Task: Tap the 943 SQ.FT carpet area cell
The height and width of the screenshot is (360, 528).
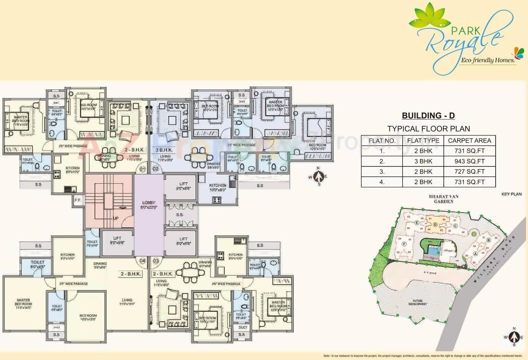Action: point(470,161)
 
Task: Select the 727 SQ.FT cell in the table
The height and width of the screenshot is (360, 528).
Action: point(470,171)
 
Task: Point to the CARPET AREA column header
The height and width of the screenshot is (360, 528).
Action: point(470,141)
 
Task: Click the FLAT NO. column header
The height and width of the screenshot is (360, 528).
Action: point(382,141)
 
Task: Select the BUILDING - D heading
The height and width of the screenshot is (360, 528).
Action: point(428,116)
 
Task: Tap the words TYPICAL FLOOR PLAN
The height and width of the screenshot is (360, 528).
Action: point(428,129)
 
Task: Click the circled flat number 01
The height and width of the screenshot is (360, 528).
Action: point(142,169)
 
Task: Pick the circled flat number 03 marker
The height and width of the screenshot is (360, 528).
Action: point(155,261)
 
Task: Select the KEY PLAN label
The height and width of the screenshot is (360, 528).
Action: point(512,194)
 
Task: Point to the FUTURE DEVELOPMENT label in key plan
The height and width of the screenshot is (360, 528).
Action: point(418,303)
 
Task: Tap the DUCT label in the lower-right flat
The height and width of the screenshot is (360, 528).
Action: point(243,327)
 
